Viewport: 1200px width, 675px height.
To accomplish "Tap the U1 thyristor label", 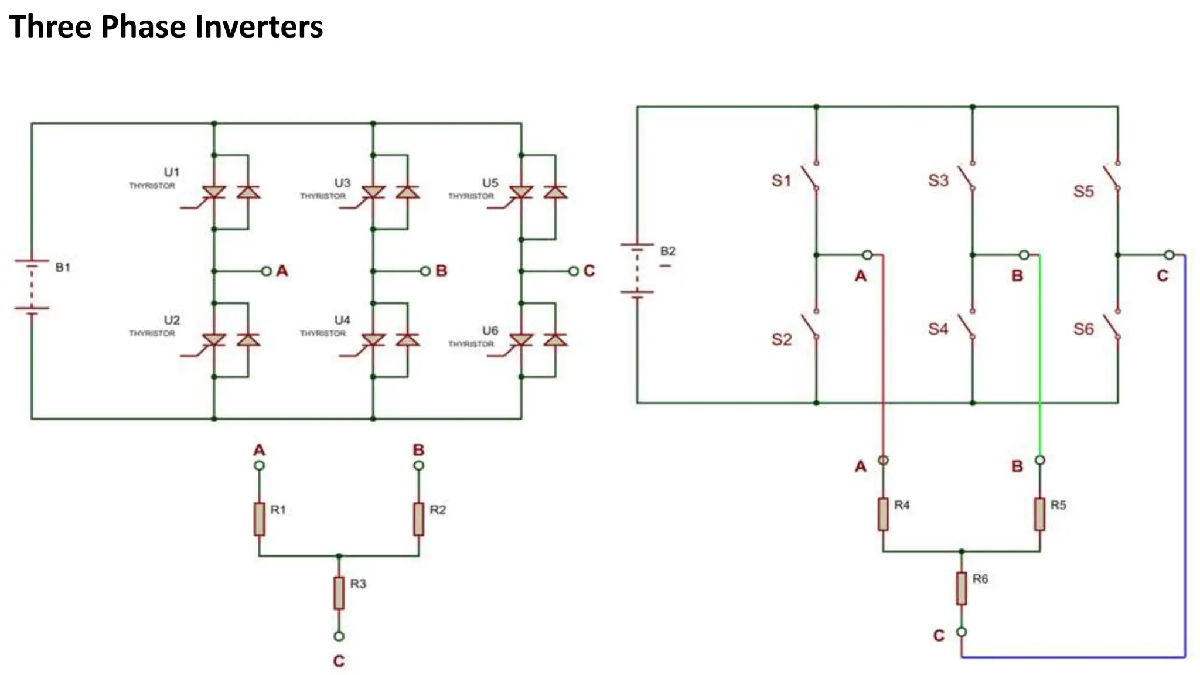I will (171, 172).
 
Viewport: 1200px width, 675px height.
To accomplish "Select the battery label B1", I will (63, 268).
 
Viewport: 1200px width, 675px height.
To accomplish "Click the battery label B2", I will (667, 251).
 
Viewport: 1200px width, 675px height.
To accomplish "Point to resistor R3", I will (339, 592).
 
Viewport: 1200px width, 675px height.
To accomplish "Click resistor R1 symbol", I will (260, 519).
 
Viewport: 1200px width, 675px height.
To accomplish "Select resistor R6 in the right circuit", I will (962, 588).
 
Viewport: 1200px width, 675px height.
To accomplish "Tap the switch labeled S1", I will (810, 176).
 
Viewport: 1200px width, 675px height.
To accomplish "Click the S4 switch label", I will (937, 329).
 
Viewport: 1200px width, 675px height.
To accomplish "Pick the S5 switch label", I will (1083, 192).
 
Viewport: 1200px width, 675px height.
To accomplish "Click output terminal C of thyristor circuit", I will (574, 271).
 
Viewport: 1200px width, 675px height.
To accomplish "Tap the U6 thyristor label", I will (490, 331).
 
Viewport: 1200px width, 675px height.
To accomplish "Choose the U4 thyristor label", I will (342, 321).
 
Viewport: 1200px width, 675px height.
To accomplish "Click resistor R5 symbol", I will (1039, 514).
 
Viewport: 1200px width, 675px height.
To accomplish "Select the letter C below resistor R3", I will (339, 661).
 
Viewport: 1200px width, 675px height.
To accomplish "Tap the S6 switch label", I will (1083, 329).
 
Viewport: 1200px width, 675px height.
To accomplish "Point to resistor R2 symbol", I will (419, 519).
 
